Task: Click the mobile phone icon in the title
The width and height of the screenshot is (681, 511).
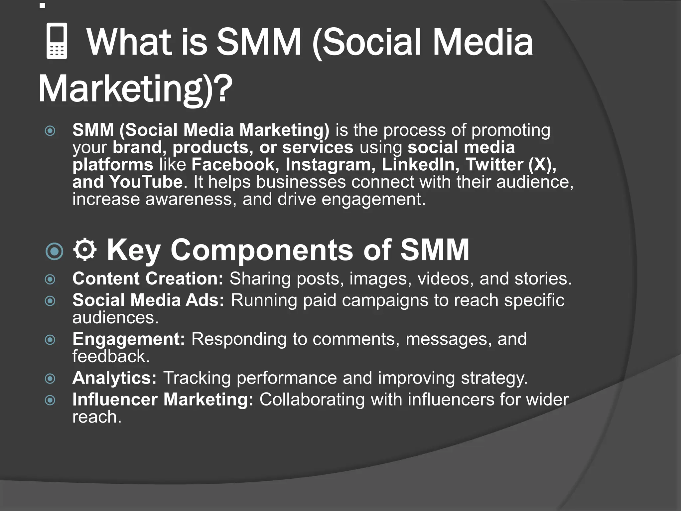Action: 57,41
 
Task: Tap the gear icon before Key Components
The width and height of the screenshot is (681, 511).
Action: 85,249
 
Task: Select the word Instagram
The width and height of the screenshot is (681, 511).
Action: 330,165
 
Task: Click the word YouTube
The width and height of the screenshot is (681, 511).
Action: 146,182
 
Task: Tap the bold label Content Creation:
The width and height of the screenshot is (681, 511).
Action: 148,278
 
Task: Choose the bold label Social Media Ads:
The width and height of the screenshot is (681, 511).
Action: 148,300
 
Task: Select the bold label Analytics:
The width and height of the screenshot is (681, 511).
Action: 114,378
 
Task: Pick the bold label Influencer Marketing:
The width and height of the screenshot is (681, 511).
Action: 163,400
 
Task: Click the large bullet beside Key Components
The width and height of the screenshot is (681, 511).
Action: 54,251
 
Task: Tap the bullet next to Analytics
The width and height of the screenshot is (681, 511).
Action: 50,379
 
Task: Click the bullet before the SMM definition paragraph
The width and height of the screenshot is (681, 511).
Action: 50,130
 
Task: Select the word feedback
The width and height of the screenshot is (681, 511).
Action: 111,356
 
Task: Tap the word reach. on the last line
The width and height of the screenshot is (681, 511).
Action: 97,417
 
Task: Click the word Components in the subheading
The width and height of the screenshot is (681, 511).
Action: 262,250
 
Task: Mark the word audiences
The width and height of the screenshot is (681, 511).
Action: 115,317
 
